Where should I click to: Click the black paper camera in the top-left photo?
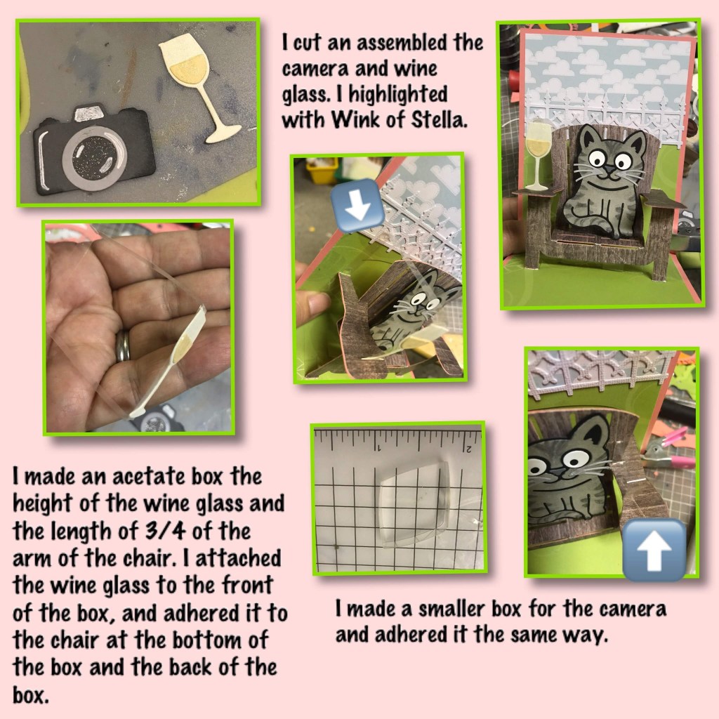point(93,152)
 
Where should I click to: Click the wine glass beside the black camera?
point(197,87)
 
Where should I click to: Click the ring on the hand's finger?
point(122,345)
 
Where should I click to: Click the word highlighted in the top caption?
point(398,95)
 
